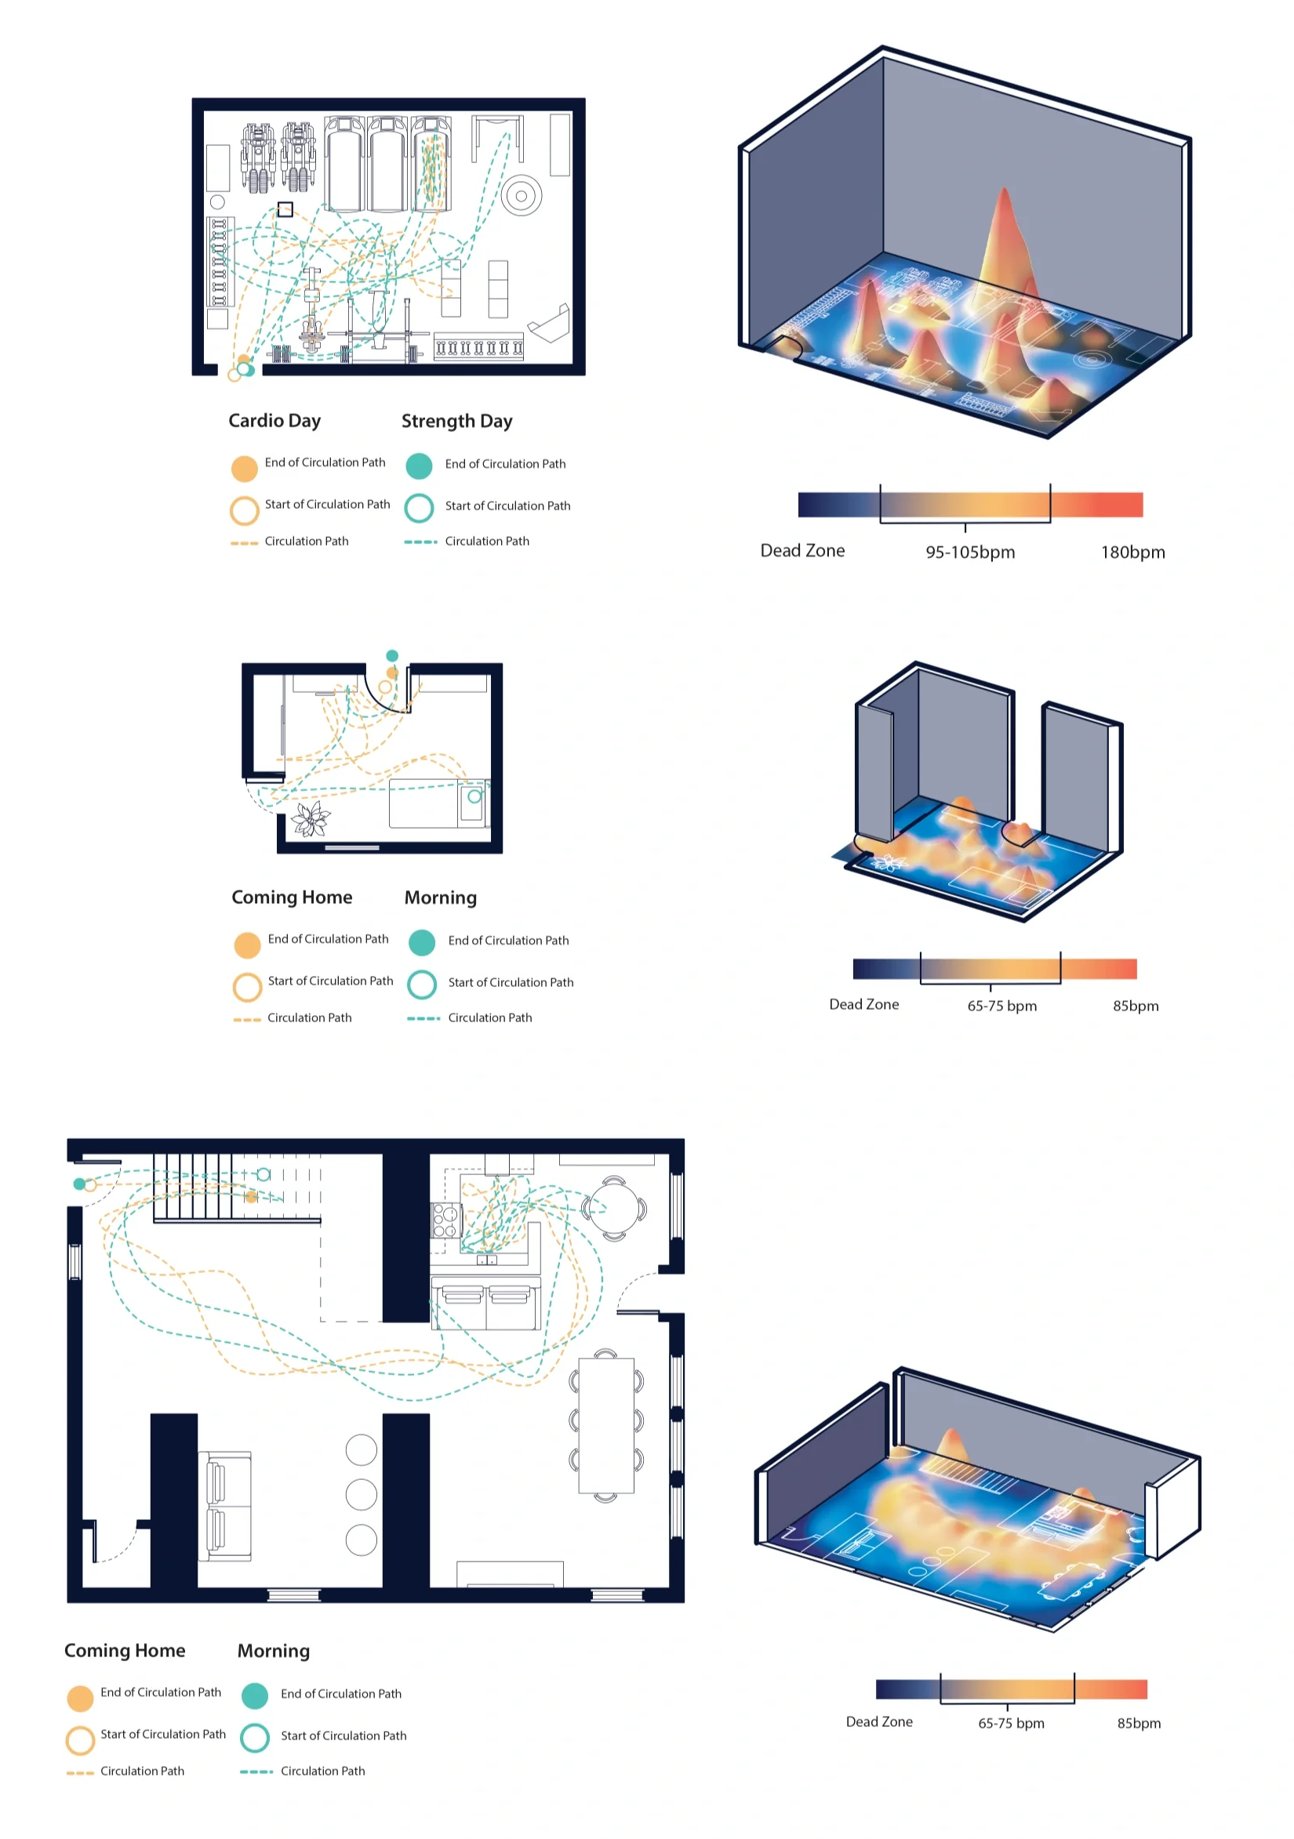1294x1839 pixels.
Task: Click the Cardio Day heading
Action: coord(274,420)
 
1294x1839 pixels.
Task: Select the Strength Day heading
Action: coord(456,421)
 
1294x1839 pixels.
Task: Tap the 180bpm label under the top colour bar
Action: coord(1132,552)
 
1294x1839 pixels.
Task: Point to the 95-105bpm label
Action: coord(969,552)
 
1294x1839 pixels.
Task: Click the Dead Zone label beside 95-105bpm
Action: coord(802,550)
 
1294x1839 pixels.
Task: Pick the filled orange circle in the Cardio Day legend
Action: coord(245,469)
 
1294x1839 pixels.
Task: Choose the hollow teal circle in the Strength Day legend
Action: coord(419,508)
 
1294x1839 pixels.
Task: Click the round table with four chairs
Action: coord(614,1207)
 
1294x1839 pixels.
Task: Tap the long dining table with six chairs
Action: coord(605,1424)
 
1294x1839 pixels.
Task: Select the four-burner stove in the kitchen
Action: coord(445,1221)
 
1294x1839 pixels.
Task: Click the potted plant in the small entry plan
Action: coord(310,818)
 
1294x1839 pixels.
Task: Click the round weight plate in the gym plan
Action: coord(521,195)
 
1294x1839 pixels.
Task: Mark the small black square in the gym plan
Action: coord(285,210)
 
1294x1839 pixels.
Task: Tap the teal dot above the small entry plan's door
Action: coord(392,656)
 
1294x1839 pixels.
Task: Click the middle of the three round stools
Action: coord(362,1494)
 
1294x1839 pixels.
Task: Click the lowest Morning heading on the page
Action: coord(273,1651)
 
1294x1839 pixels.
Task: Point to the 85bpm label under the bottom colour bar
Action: coord(1139,1723)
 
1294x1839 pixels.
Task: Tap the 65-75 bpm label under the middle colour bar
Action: coord(1001,1006)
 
